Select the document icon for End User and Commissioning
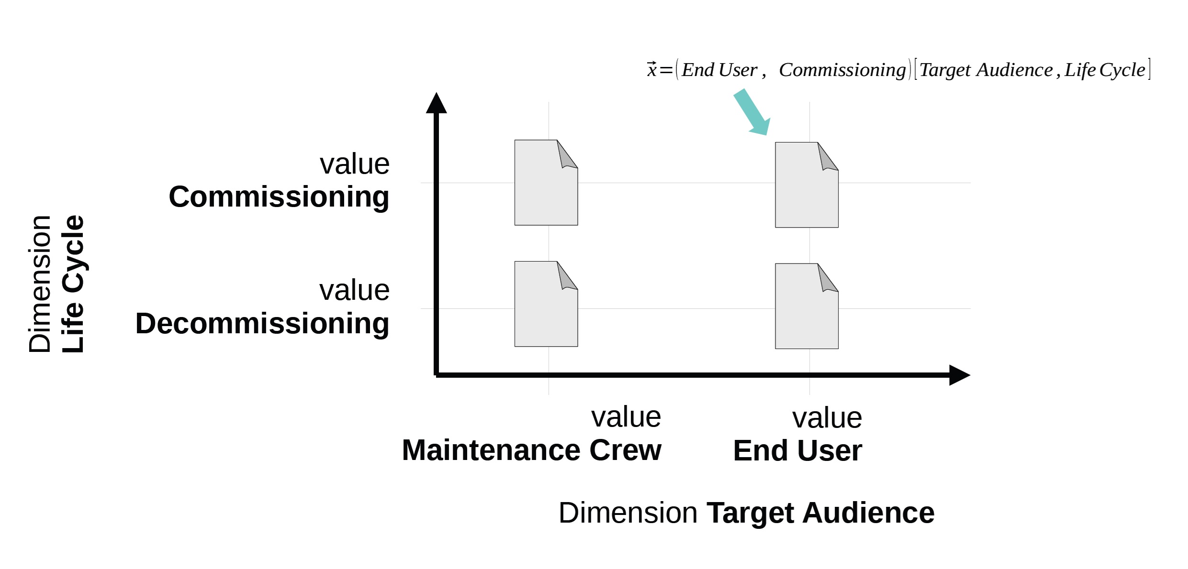click(x=807, y=185)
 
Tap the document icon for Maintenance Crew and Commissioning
click(x=546, y=183)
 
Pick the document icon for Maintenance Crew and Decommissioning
click(x=546, y=304)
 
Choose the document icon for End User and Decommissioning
click(x=807, y=306)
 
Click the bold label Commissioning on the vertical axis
click(x=279, y=197)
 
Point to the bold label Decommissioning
click(x=262, y=324)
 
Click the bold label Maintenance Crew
click(x=531, y=450)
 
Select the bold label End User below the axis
click(x=797, y=451)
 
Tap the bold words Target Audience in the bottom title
click(x=820, y=514)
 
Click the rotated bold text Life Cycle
click(x=73, y=284)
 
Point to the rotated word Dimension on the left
click(x=39, y=284)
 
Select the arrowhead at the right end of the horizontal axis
click(x=960, y=375)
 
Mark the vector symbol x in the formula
click(x=651, y=70)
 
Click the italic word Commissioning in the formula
click(x=842, y=70)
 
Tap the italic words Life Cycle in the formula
click(x=1105, y=70)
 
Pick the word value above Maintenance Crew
click(x=626, y=417)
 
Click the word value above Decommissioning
click(x=355, y=290)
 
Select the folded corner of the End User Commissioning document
click(x=828, y=156)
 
